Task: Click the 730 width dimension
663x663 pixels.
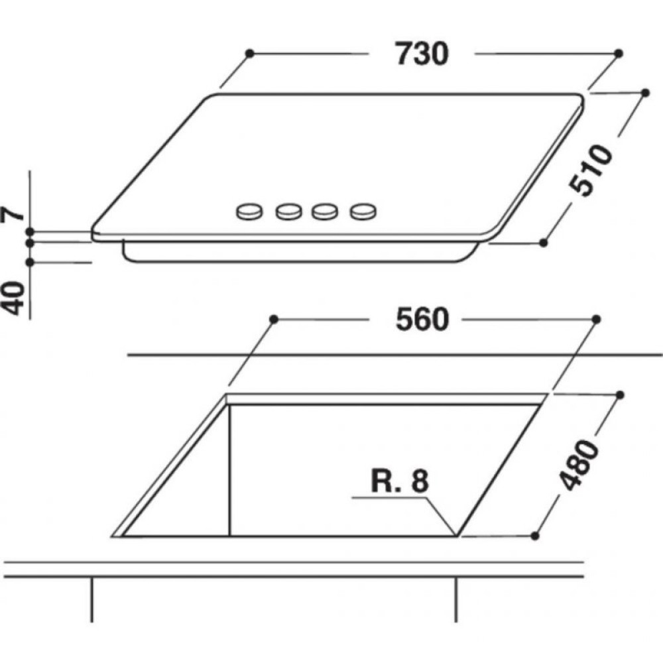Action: (422, 54)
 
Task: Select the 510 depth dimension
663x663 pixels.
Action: (591, 170)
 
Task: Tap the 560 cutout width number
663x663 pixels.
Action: (422, 320)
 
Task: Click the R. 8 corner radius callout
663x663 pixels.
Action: (400, 482)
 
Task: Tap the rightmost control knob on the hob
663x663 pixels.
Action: (363, 211)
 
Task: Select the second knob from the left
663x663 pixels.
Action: (288, 211)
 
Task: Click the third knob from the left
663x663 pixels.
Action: (324, 211)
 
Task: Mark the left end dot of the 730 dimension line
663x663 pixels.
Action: (249, 53)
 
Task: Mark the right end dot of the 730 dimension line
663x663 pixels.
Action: (618, 53)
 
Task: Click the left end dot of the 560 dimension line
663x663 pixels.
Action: (273, 320)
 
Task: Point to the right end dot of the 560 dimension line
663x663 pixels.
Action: (595, 320)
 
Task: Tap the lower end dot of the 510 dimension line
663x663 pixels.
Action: (543, 243)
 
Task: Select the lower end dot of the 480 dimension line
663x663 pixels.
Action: (536, 535)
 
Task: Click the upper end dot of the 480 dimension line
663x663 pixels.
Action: (620, 395)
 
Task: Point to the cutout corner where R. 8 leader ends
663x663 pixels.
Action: (456, 534)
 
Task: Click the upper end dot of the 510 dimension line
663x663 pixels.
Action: (643, 93)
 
